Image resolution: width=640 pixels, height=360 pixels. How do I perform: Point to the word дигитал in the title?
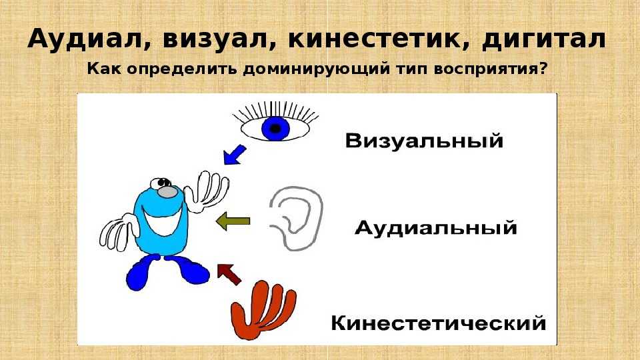coord(544,39)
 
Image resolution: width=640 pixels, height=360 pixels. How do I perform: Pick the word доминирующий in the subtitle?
coord(317,69)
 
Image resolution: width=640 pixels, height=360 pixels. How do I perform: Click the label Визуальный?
coord(424,141)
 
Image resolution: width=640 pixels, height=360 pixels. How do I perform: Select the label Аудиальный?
coord(435,227)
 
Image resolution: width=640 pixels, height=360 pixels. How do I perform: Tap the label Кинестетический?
coord(439,323)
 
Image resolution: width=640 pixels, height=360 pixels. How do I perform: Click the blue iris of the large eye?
coord(276,128)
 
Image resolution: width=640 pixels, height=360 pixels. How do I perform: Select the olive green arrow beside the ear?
coord(233,221)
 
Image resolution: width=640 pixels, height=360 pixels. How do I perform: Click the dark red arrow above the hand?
coord(229,273)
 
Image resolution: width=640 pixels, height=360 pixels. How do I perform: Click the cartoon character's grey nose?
coord(167,192)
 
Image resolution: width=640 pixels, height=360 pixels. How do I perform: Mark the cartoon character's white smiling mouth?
coord(162,221)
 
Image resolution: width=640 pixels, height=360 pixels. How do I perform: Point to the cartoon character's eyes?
coord(161,183)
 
